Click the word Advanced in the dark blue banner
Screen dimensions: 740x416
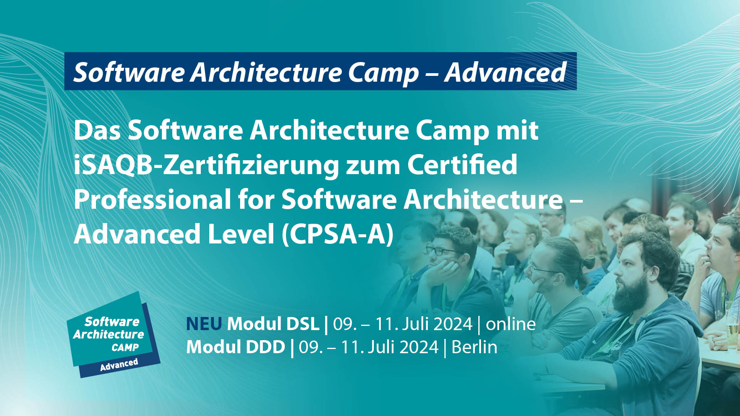click(x=505, y=72)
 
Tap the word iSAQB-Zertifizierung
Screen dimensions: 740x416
click(x=206, y=165)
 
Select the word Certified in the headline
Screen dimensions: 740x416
click(x=462, y=164)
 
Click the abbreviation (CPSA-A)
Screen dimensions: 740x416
click(x=338, y=234)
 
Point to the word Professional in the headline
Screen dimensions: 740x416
click(x=153, y=200)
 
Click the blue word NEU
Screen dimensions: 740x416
click(x=204, y=324)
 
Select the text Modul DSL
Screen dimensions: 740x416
click(x=273, y=324)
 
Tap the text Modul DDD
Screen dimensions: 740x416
click(x=236, y=347)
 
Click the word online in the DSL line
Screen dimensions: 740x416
click(x=511, y=324)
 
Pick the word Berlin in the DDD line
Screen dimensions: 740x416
click(x=474, y=347)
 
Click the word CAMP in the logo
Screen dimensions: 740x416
click(x=125, y=347)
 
